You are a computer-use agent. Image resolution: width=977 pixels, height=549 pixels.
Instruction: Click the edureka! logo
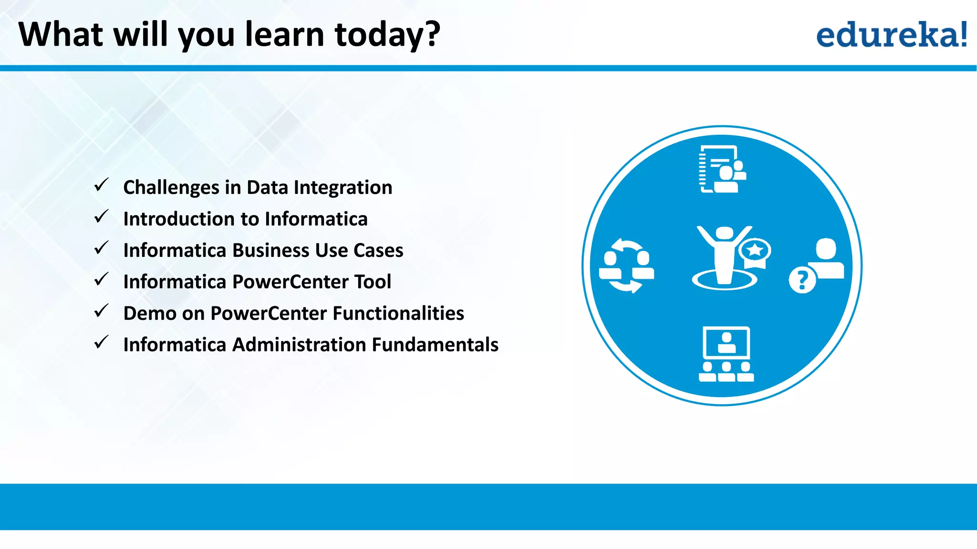click(x=891, y=35)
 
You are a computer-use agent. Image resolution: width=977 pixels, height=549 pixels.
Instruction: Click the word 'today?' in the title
click(x=387, y=35)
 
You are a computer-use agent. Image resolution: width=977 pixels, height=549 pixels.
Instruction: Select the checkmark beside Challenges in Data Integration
click(x=101, y=185)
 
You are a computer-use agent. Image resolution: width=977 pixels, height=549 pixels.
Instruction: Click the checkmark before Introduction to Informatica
click(x=101, y=216)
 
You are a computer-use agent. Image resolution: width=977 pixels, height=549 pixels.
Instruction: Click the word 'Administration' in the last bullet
click(x=299, y=345)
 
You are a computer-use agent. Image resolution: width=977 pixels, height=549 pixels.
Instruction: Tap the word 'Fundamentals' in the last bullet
click(x=435, y=345)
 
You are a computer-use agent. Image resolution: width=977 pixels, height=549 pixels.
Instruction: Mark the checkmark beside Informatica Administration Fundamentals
click(x=101, y=342)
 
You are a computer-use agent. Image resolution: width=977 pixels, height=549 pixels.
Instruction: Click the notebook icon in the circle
click(x=721, y=169)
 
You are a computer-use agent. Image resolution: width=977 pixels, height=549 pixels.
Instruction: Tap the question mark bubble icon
click(x=802, y=280)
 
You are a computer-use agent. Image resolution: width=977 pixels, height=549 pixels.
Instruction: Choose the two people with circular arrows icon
click(x=626, y=265)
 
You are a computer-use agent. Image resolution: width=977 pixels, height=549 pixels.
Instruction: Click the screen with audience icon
click(x=726, y=354)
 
